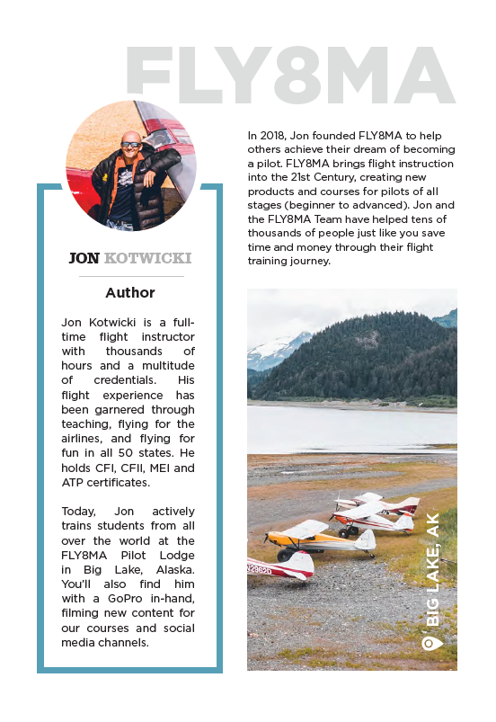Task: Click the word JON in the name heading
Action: point(84,258)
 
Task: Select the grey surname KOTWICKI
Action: point(147,258)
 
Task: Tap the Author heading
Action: point(130,293)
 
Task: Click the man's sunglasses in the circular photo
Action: point(131,144)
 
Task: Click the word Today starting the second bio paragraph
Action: point(81,511)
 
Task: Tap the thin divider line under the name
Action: point(130,276)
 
